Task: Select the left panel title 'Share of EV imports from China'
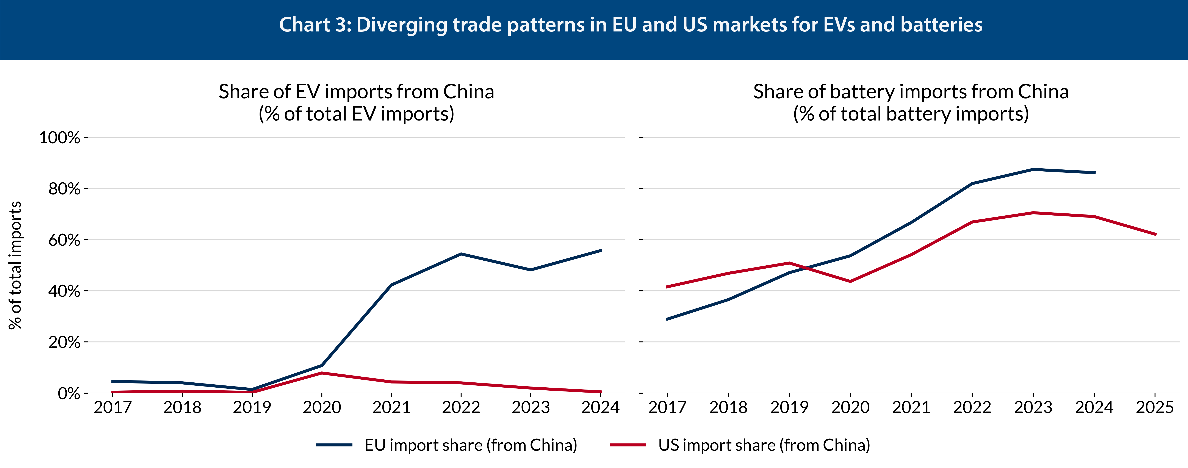[x=356, y=92]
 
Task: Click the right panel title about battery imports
[x=911, y=92]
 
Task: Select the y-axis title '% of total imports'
[x=15, y=265]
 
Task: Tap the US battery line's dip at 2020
[x=850, y=281]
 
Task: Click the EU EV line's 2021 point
[x=391, y=285]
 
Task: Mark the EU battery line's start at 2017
[x=667, y=319]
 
